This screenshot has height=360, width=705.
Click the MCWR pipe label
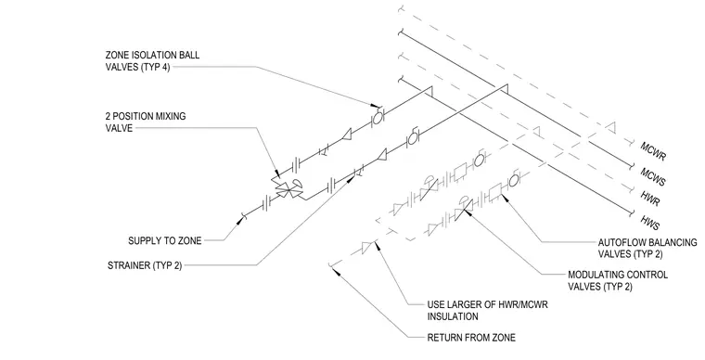[x=653, y=151]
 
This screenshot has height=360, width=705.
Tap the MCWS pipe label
[x=653, y=175]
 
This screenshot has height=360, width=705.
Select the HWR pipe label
[x=650, y=198]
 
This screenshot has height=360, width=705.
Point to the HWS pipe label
[x=650, y=223]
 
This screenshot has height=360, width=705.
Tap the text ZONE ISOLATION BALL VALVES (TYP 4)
[x=152, y=61]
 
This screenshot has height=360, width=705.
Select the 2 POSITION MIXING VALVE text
[x=146, y=122]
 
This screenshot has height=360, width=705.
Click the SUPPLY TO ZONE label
[x=165, y=241]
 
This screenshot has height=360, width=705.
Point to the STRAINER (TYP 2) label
[x=145, y=265]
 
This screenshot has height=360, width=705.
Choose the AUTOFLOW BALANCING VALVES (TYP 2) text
[x=647, y=248]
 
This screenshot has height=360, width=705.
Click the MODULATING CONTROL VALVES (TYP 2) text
[x=618, y=280]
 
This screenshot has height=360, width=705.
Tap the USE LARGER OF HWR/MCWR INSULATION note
[x=487, y=311]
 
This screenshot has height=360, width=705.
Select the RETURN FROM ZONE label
[x=471, y=338]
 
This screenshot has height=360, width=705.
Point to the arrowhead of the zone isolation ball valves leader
[x=374, y=106]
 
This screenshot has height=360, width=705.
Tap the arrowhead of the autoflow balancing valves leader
[x=504, y=199]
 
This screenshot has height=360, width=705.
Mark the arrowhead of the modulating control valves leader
[x=468, y=213]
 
